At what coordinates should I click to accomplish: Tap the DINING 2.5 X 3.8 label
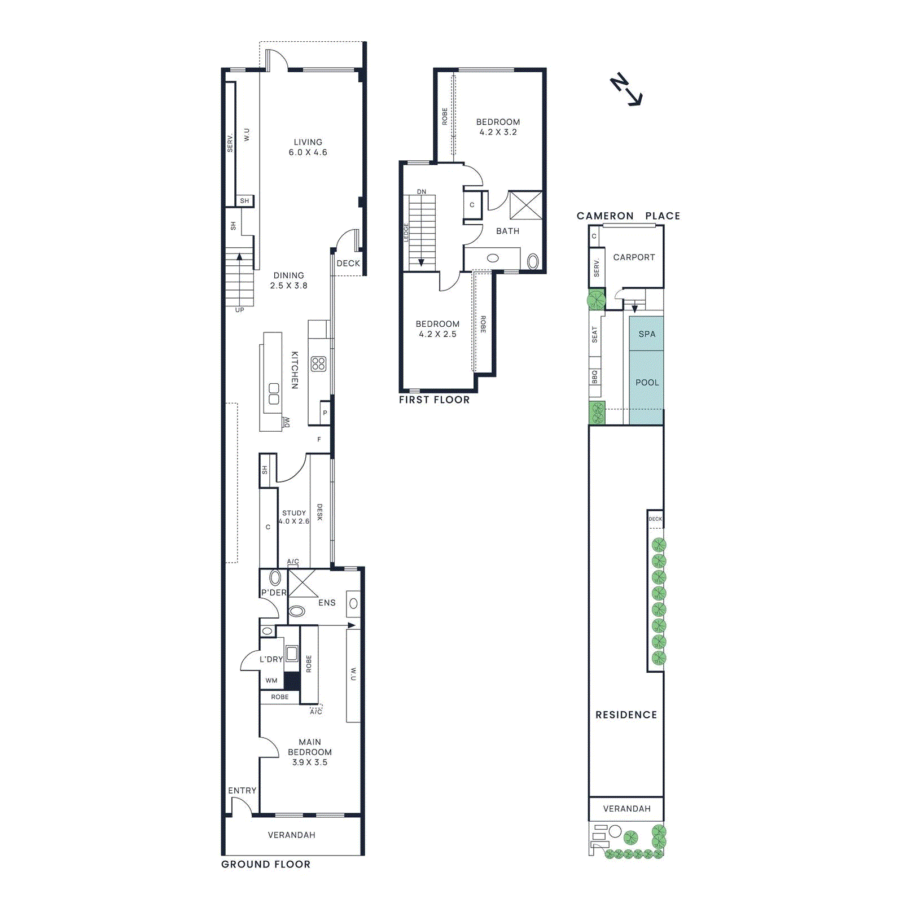288,280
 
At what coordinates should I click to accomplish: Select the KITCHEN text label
295,370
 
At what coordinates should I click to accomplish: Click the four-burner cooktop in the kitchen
318,363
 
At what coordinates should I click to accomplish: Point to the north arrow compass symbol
626,89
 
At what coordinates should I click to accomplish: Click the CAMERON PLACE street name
628,216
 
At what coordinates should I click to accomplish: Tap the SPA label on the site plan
647,334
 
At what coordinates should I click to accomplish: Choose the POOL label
647,383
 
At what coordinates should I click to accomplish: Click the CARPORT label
634,257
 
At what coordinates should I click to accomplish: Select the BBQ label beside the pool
594,377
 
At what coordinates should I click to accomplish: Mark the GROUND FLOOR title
266,864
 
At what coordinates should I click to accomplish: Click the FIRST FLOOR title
434,400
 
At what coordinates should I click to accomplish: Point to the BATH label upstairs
507,231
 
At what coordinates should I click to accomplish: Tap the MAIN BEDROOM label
310,752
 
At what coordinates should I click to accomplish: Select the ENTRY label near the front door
242,791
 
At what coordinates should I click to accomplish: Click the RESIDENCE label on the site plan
626,714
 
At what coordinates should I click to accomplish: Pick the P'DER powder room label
274,593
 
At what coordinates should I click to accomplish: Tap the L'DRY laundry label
271,659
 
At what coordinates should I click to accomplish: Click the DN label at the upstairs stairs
422,192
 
